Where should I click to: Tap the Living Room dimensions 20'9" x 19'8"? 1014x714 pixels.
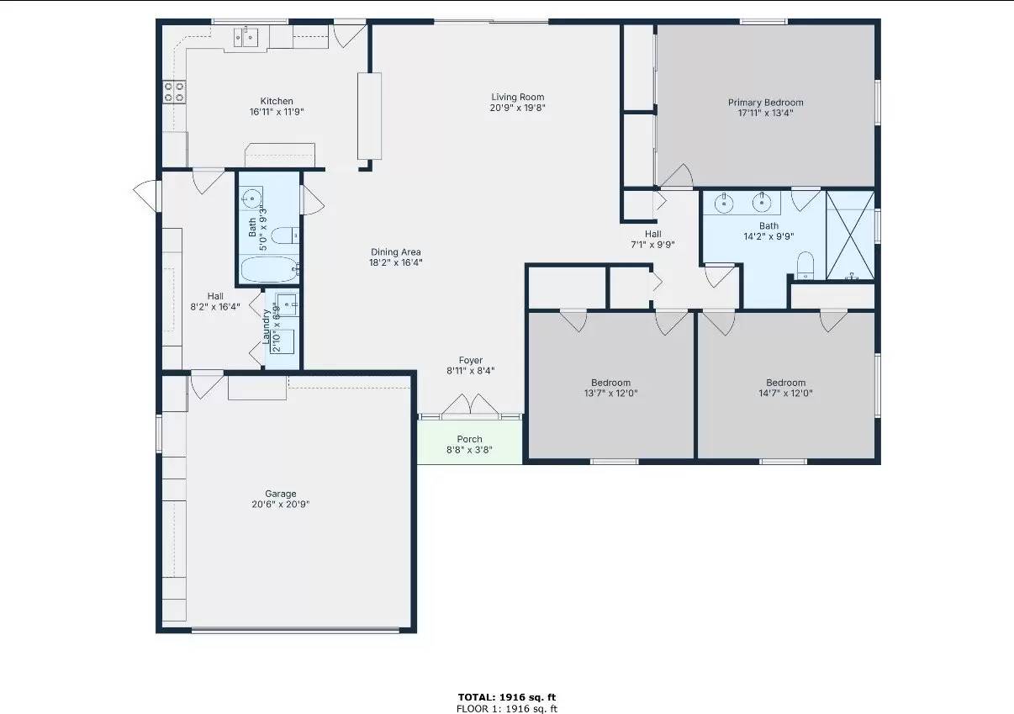(x=517, y=108)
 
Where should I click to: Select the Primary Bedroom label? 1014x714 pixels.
(x=765, y=103)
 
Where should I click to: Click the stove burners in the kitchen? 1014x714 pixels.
(x=174, y=92)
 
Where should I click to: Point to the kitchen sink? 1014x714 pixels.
(x=247, y=36)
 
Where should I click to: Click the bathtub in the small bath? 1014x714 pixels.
(x=268, y=271)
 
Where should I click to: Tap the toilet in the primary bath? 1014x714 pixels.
(x=805, y=264)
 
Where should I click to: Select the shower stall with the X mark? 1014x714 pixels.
(x=850, y=235)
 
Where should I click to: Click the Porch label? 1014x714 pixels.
(x=469, y=439)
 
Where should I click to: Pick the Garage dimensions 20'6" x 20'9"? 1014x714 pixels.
(x=280, y=505)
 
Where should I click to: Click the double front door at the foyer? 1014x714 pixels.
(x=470, y=405)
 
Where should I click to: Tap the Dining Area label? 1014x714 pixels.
(x=396, y=251)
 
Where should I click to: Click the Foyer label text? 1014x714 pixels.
(x=470, y=361)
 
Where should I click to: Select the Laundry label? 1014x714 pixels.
(x=267, y=326)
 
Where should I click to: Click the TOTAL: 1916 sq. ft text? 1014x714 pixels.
(x=506, y=697)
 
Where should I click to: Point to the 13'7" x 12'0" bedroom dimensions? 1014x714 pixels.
(x=610, y=393)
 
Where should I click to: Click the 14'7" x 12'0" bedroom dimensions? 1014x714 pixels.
(x=785, y=393)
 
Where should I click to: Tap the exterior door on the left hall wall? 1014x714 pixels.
(x=145, y=197)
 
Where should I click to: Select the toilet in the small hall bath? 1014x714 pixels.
(x=283, y=235)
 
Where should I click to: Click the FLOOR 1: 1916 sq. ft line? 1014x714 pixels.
(x=506, y=708)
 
